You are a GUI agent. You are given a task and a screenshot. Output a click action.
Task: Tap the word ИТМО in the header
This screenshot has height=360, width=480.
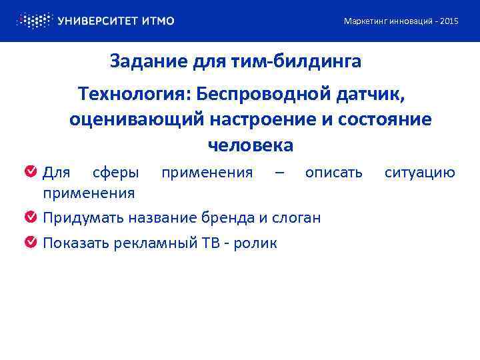[x=157, y=21]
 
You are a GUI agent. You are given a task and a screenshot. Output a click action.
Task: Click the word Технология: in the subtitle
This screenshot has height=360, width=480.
[x=131, y=95]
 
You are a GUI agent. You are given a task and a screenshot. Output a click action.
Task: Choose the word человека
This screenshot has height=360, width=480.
[x=250, y=145]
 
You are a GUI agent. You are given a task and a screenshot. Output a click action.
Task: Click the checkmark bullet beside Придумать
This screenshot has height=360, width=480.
[x=31, y=217]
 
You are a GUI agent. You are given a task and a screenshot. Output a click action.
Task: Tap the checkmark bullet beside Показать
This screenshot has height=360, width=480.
[x=31, y=243]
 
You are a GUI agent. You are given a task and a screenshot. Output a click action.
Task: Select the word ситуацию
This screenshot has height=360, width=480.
[x=420, y=173]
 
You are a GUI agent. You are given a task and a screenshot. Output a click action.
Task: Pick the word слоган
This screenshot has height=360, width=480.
[x=297, y=218]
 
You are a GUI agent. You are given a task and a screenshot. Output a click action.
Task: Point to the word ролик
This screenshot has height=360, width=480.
[x=257, y=243]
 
